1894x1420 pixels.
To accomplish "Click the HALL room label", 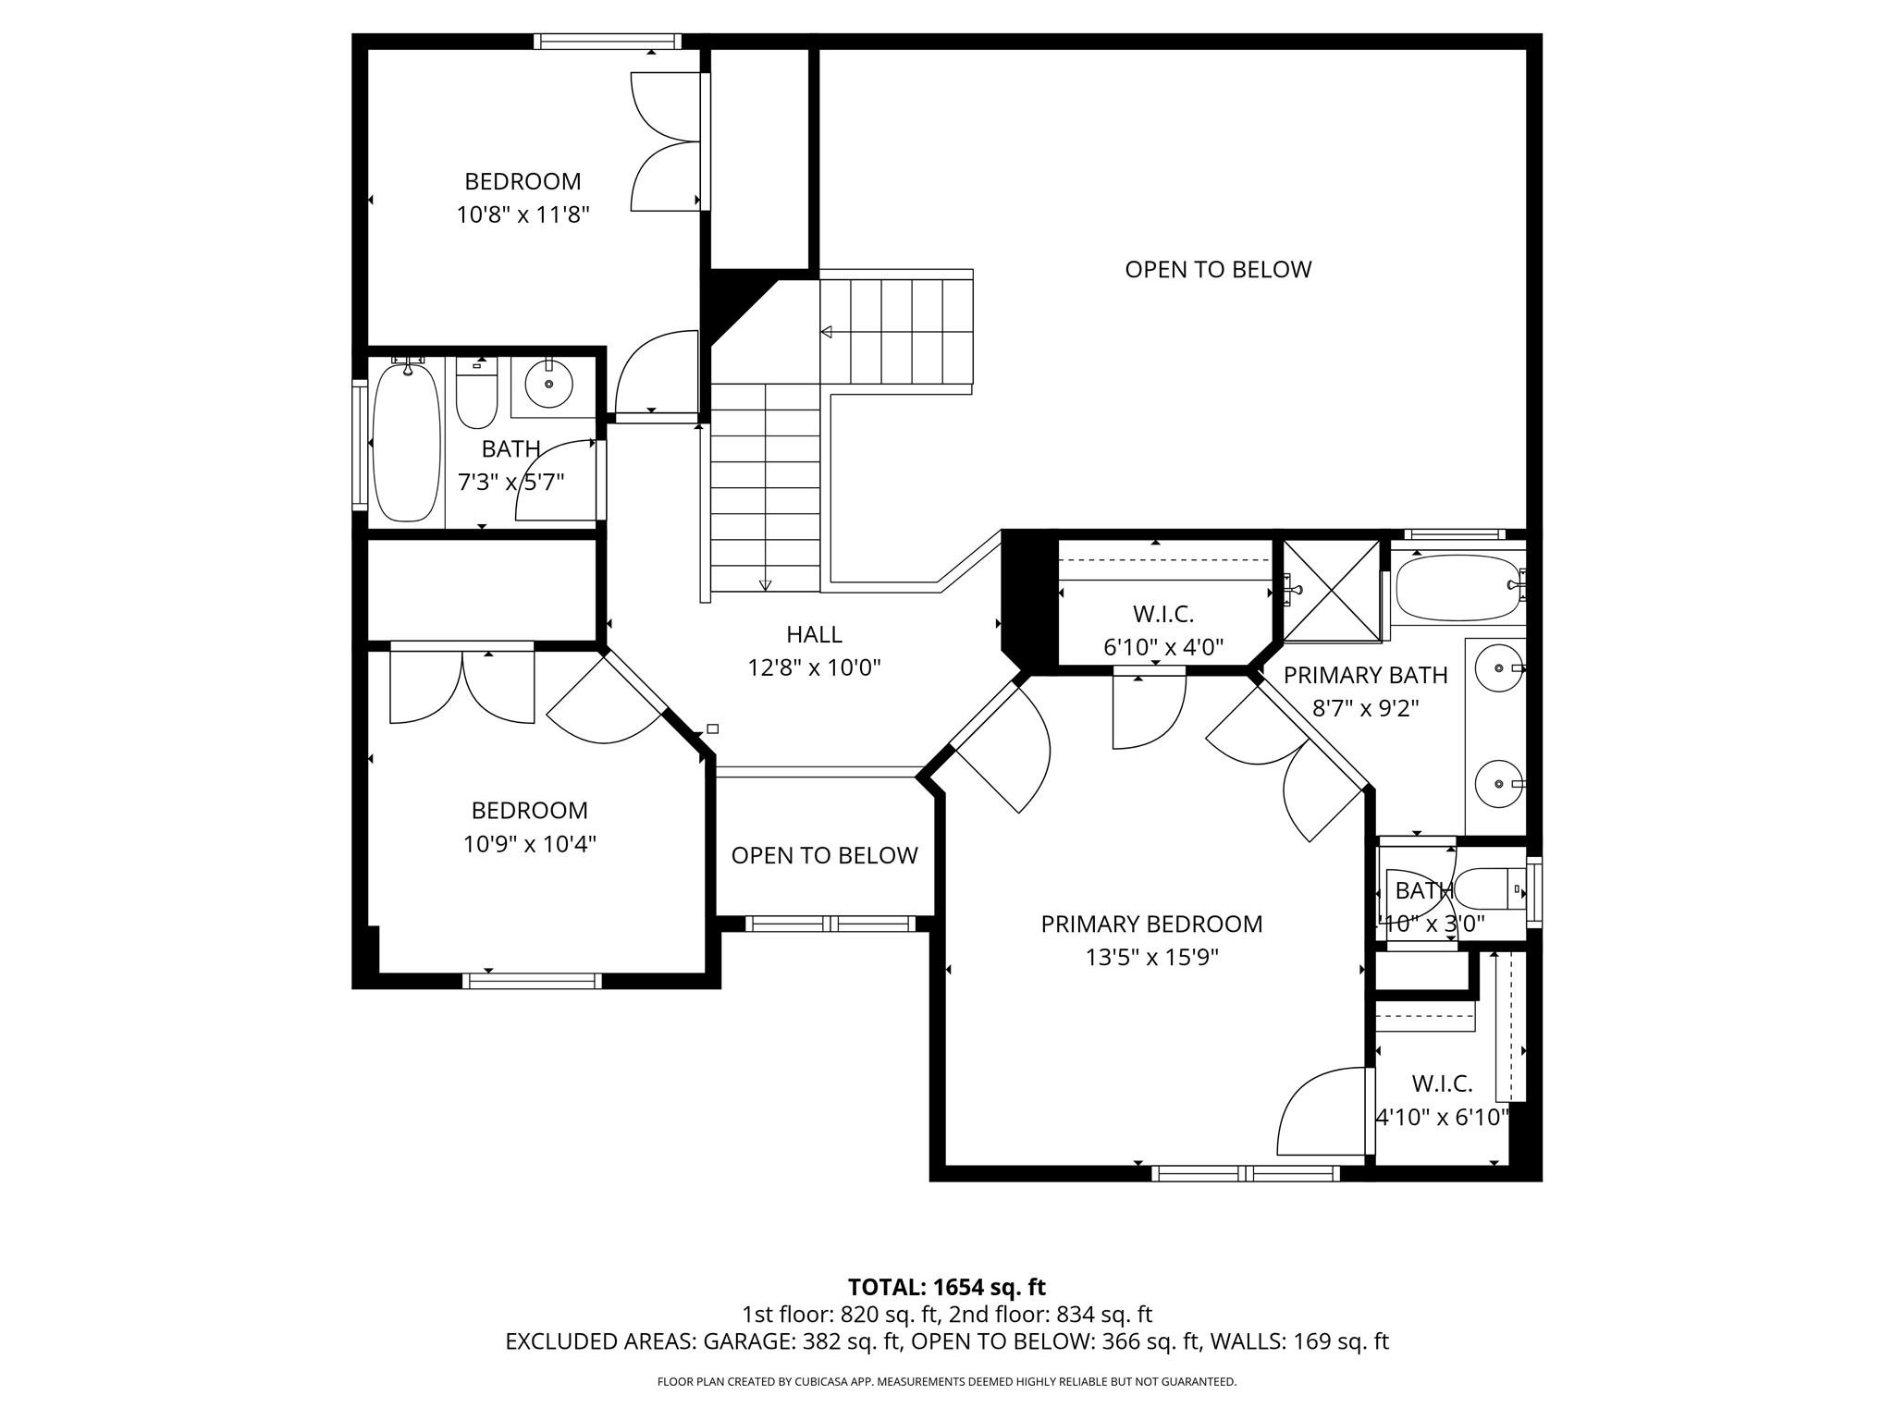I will [x=814, y=634].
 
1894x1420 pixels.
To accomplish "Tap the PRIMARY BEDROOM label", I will [x=1151, y=924].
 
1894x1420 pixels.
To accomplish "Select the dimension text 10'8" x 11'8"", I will [x=523, y=215].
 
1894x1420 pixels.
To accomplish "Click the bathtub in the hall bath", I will [x=406, y=442].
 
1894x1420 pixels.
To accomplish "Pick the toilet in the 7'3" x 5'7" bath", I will [x=476, y=396].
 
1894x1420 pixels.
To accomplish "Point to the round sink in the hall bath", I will [x=548, y=384].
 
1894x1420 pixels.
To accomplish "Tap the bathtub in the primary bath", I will [x=1457, y=587].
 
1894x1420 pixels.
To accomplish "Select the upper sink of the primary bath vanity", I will [x=1497, y=668].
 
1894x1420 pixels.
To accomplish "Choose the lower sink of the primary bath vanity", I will [x=1497, y=784].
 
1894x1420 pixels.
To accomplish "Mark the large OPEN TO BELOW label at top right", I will [x=1218, y=269].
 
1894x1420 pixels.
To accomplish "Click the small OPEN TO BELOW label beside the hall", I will [x=824, y=855].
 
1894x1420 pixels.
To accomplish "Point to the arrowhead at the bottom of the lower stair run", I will [x=765, y=584].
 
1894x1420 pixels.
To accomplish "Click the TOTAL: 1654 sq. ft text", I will [x=946, y=1287].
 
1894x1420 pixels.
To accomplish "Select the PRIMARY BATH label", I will [x=1365, y=675].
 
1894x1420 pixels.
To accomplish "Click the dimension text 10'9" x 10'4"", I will [x=529, y=844].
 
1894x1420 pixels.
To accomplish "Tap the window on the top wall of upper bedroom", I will [x=607, y=41].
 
